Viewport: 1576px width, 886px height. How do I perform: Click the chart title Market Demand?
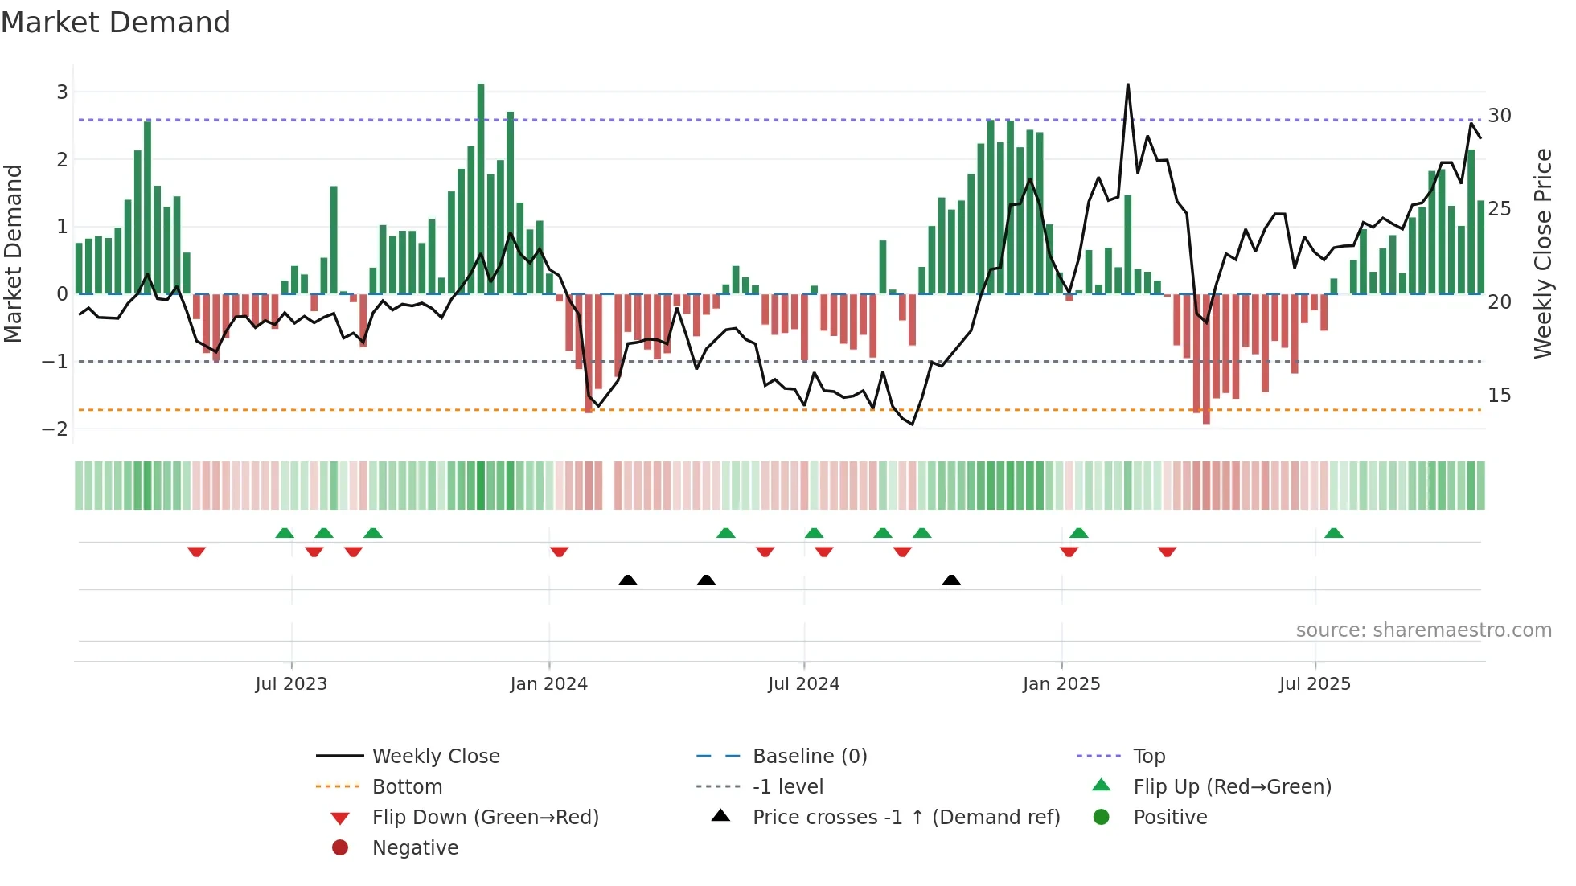click(x=116, y=23)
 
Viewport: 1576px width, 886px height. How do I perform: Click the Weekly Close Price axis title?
click(x=1542, y=253)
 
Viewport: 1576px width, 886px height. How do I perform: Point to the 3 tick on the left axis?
click(x=62, y=92)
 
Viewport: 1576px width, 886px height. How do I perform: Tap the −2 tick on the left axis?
click(x=55, y=429)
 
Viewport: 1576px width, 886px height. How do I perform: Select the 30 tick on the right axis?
click(x=1499, y=115)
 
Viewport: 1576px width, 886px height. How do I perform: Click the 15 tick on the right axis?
click(x=1499, y=395)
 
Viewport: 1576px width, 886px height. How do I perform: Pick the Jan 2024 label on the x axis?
click(x=548, y=684)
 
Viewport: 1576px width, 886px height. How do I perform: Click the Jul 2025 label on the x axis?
click(x=1315, y=684)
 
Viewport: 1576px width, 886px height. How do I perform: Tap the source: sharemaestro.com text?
click(x=1423, y=630)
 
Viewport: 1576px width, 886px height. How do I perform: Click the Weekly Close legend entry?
click(x=435, y=756)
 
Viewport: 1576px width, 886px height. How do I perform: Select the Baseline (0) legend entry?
click(x=809, y=756)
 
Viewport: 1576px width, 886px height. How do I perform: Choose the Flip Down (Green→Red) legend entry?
click(x=485, y=817)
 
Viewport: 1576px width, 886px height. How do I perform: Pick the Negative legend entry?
click(x=415, y=847)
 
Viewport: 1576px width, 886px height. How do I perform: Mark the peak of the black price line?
click(x=1127, y=84)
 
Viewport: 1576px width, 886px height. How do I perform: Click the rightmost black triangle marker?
click(x=951, y=580)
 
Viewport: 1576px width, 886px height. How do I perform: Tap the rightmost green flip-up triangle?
click(x=1333, y=533)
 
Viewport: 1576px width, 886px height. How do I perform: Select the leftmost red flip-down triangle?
click(x=196, y=552)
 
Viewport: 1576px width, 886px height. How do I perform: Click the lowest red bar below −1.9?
click(x=1206, y=359)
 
